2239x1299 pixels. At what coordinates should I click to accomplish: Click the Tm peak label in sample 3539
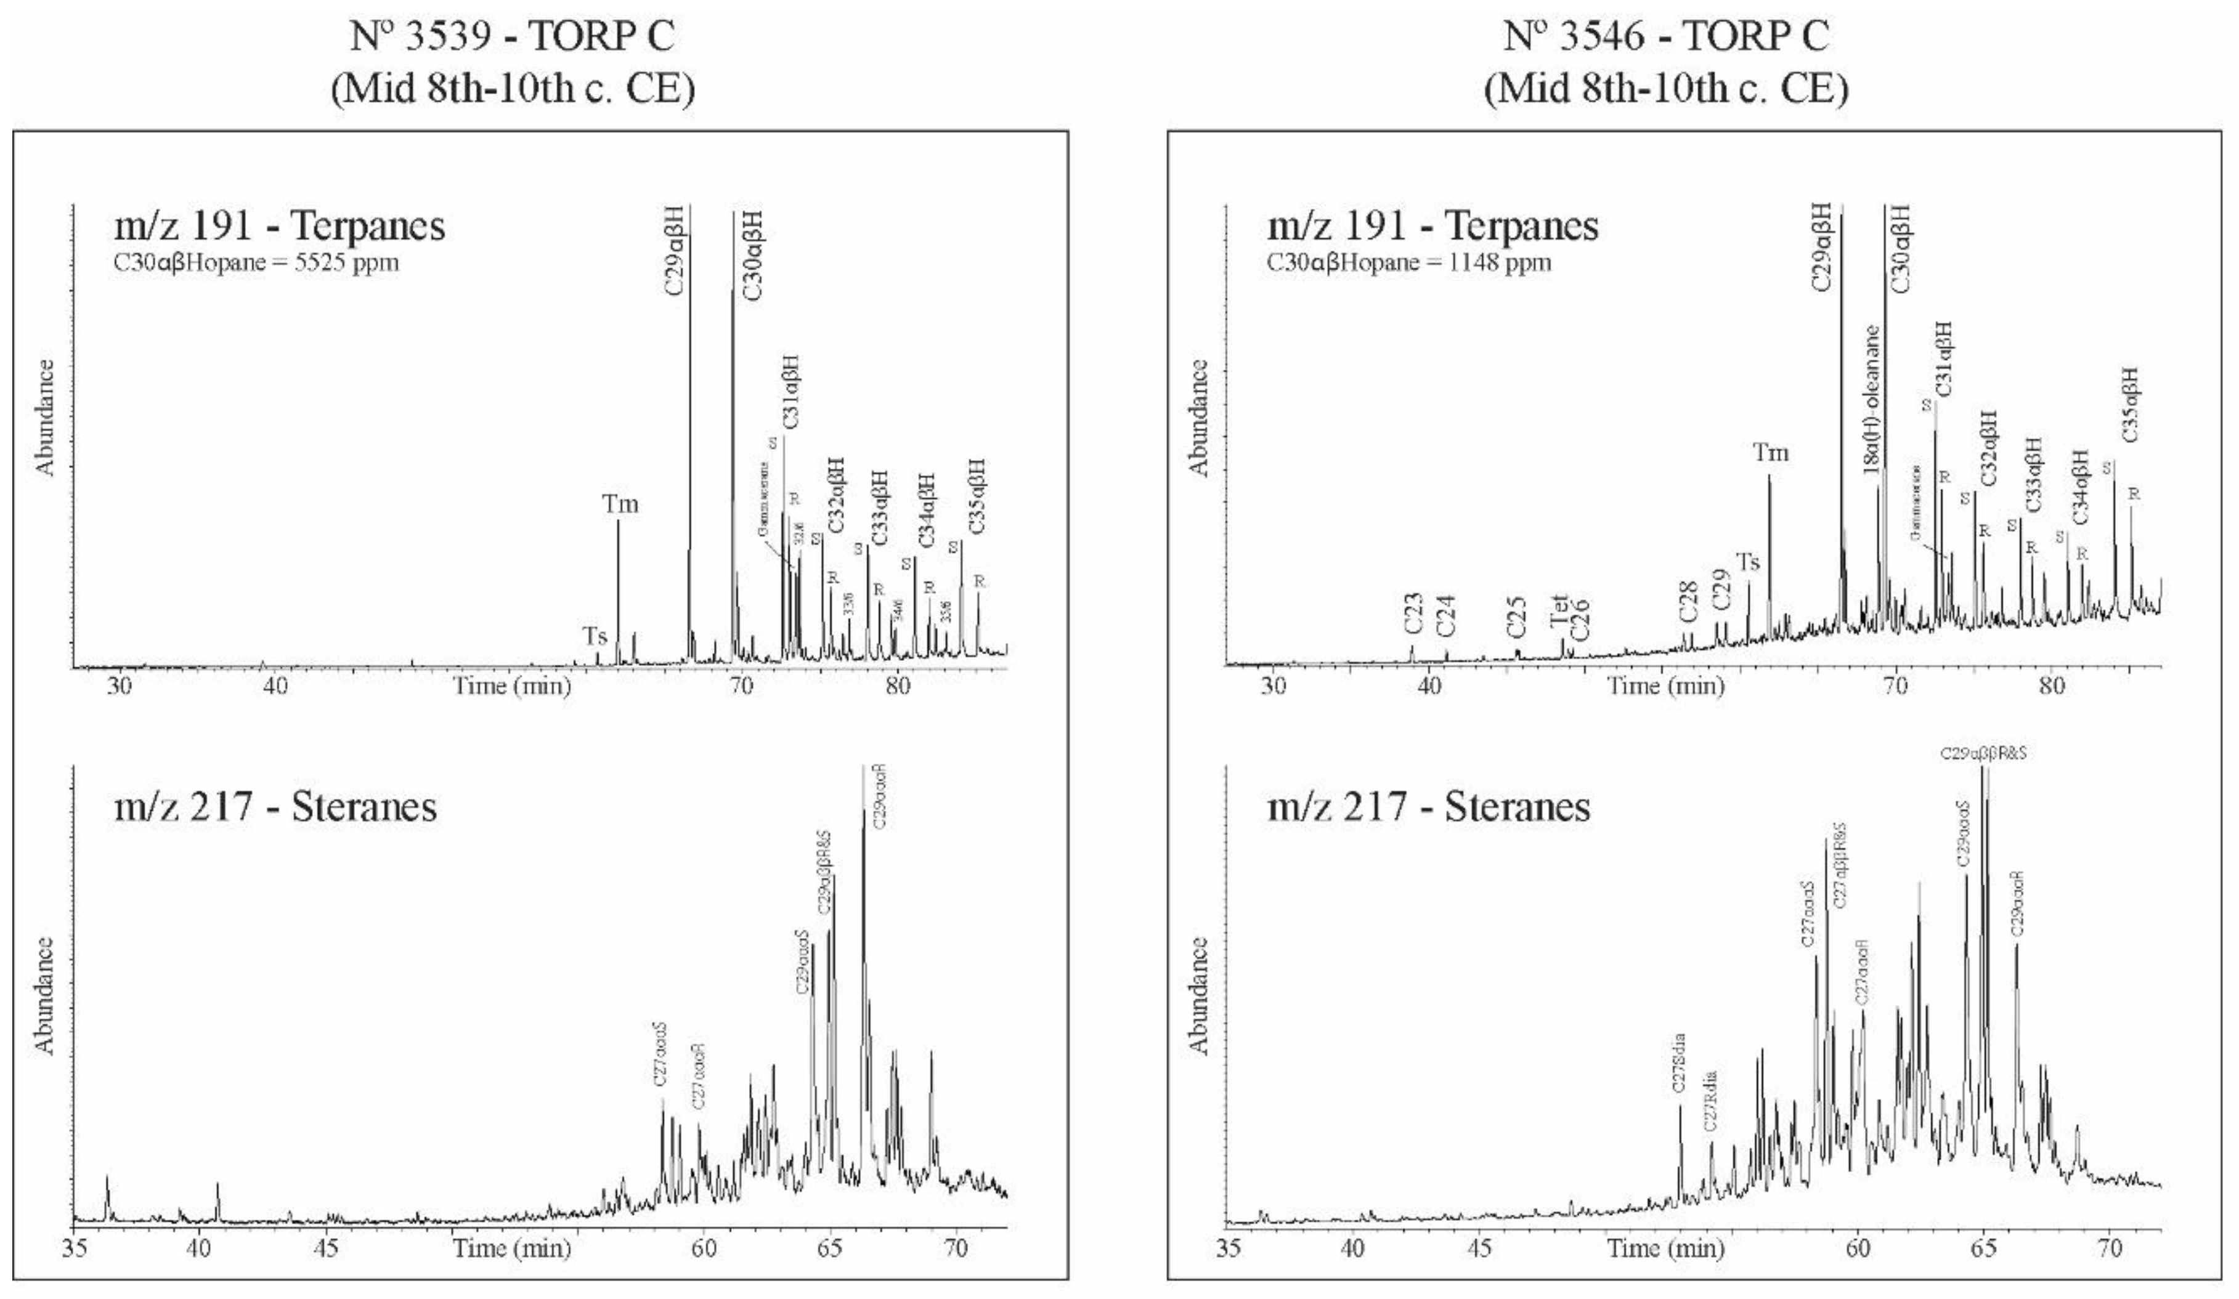620,504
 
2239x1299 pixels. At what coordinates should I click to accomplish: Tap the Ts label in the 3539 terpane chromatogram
595,636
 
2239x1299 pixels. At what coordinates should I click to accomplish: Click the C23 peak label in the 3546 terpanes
1413,614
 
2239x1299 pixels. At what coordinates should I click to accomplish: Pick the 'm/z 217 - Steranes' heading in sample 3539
275,807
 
